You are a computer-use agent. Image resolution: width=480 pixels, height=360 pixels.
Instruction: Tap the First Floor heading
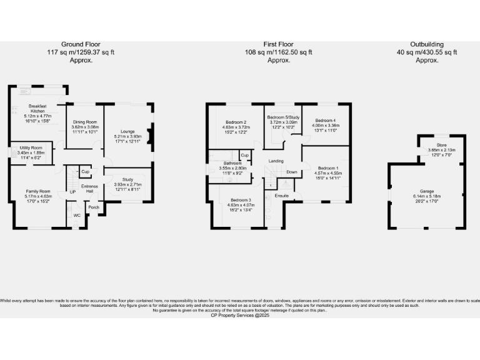click(x=278, y=44)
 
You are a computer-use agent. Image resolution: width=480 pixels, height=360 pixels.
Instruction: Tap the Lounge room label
click(x=128, y=131)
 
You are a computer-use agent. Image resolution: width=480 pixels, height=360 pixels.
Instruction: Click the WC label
click(x=77, y=215)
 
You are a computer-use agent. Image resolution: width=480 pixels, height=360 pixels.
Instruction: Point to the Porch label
click(x=94, y=207)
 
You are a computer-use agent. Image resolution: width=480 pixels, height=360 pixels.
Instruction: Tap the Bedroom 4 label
click(x=326, y=120)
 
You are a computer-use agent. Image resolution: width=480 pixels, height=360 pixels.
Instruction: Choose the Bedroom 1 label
click(x=327, y=168)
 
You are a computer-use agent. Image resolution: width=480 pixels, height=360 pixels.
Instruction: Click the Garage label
click(x=427, y=192)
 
